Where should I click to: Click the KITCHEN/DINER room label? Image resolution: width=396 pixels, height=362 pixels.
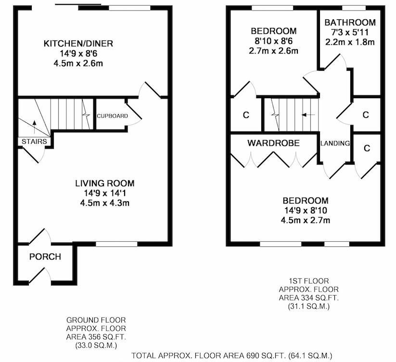78,43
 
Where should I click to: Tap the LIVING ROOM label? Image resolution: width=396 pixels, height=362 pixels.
105,183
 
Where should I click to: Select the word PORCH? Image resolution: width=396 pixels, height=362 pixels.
45,257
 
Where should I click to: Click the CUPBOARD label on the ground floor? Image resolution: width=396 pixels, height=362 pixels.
113,116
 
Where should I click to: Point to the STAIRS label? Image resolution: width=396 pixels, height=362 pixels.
34,142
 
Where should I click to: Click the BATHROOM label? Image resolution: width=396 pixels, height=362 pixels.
350,23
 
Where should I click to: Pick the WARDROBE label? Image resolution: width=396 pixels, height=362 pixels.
273,143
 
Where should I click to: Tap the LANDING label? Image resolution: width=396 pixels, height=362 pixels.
335,143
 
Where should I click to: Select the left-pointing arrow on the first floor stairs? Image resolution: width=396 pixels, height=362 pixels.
308,115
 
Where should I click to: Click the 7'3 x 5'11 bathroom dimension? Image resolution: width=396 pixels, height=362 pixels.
350,32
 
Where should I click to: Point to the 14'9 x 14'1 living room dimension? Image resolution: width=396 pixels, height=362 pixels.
105,193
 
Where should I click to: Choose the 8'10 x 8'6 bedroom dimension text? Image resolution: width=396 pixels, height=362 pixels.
273,41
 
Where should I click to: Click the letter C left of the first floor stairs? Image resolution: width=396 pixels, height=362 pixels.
246,115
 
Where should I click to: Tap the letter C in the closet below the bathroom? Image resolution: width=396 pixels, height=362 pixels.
366,115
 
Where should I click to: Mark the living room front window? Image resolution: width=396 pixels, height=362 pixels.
116,244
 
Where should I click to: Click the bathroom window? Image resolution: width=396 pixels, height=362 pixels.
354,8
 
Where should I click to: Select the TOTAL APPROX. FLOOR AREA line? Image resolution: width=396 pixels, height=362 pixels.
232,356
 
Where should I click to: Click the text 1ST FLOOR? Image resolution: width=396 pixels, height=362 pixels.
309,281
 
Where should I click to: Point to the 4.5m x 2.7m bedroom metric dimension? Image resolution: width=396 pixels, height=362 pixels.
306,220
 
